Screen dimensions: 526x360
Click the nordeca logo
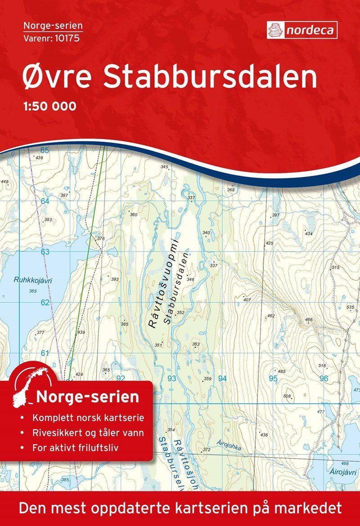click(302, 30)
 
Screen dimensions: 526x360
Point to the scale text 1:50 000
click(49, 107)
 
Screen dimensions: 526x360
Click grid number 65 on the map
click(44, 150)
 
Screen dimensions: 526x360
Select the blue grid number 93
click(171, 378)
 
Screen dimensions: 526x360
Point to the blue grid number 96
click(324, 378)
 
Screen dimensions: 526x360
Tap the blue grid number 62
click(45, 302)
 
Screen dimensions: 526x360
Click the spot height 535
click(351, 307)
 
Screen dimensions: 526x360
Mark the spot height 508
click(287, 396)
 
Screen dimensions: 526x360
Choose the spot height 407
click(246, 299)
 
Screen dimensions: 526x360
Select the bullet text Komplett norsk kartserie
click(88, 418)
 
